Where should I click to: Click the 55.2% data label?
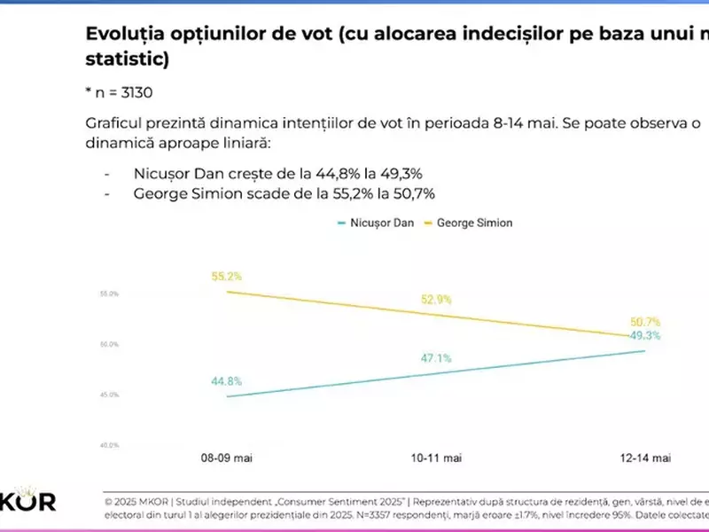pyautogui.click(x=226, y=277)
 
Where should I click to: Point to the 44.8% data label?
pyautogui.click(x=226, y=381)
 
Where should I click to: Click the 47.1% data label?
pyautogui.click(x=435, y=358)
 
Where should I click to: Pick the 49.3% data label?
pyautogui.click(x=644, y=336)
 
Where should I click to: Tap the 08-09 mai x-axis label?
pyautogui.click(x=227, y=458)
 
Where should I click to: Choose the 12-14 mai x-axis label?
pyautogui.click(x=644, y=458)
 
